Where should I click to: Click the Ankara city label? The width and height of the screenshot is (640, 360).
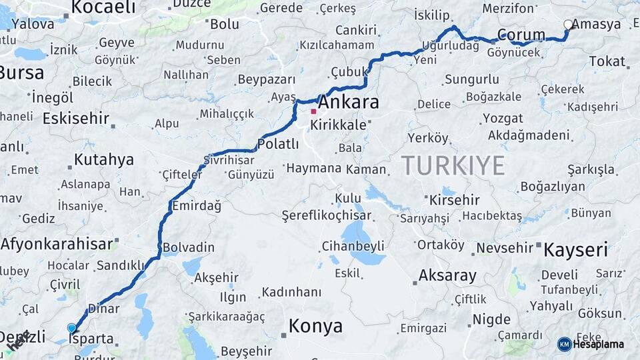[349, 103]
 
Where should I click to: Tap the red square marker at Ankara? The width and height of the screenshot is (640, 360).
[313, 111]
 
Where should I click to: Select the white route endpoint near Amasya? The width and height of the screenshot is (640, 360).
[567, 25]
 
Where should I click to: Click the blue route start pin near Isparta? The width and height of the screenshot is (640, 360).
[72, 327]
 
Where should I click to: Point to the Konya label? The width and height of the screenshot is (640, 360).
[315, 326]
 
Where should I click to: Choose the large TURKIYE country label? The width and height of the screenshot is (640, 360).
[453, 165]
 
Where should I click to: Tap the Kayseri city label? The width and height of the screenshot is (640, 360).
[575, 251]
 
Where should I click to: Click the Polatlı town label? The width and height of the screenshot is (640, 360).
[279, 144]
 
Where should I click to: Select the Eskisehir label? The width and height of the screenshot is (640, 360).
[75, 119]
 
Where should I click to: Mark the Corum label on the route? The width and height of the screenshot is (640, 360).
[521, 35]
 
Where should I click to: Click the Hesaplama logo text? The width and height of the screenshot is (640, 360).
[598, 344]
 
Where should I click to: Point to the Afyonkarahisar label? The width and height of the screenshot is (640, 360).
[57, 244]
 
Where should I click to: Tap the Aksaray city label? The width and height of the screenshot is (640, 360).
[447, 275]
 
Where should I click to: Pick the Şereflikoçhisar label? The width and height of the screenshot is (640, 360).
[325, 215]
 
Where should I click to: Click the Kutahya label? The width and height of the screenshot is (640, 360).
[103, 159]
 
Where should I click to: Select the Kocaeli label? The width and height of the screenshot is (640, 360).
[103, 7]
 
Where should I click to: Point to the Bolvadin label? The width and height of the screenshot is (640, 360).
[189, 247]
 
